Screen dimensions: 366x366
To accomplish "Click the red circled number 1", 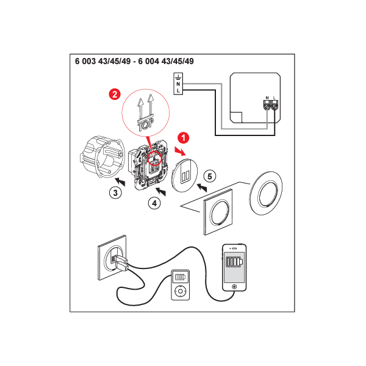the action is click(183, 138).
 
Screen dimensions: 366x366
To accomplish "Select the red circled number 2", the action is click(115, 95).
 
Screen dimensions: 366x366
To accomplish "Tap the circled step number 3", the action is click(115, 193).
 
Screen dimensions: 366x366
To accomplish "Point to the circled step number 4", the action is click(154, 203).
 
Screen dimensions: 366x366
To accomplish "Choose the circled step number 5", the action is click(210, 176).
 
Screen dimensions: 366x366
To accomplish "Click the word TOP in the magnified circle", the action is click(146, 124).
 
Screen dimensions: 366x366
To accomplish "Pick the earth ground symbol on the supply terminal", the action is click(178, 77).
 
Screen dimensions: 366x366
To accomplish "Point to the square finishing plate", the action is click(218, 212).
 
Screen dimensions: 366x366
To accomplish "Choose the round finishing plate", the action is click(266, 193).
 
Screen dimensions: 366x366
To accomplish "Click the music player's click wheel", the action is click(180, 291).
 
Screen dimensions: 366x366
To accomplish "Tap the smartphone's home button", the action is click(234, 287).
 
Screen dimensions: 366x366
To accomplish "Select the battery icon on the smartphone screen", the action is click(234, 262).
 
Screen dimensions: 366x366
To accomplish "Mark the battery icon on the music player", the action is click(180, 277).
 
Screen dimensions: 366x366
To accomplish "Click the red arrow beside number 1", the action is click(180, 151).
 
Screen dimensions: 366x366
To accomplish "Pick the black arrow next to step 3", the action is click(120, 182).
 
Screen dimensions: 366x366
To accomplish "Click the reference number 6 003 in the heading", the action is click(85, 61).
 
